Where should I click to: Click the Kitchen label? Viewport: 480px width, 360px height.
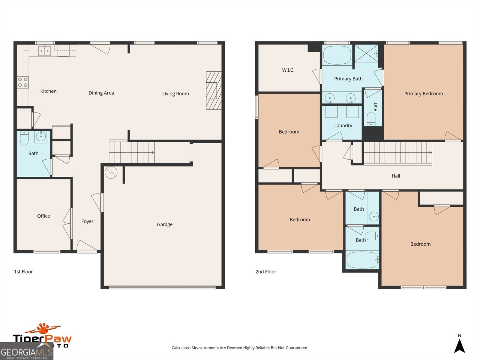tap(48, 91)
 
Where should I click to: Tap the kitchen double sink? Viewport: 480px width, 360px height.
tap(44, 51)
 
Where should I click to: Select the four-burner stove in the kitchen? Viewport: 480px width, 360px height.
tap(23, 82)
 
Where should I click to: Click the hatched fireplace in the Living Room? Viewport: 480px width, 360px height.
tap(213, 91)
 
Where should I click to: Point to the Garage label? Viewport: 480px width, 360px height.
tap(164, 224)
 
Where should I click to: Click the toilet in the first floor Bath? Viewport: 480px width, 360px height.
tap(24, 138)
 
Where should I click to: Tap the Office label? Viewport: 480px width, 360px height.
tap(43, 216)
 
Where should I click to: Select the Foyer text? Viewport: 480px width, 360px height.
tap(87, 221)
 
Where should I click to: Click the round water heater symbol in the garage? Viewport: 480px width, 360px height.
tap(111, 172)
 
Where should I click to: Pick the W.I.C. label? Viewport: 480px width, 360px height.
tap(288, 70)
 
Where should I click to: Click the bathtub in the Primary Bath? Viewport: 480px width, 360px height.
tap(337, 55)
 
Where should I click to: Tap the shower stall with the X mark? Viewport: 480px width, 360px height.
tap(366, 53)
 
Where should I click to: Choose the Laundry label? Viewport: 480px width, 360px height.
tap(343, 126)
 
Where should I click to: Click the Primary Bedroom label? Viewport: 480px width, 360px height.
tap(423, 94)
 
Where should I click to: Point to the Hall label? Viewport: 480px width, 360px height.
tap(396, 176)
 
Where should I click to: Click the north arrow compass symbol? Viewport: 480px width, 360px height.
tap(459, 346)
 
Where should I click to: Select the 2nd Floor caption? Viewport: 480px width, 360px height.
tap(265, 272)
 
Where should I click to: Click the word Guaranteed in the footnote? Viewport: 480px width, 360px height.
tap(296, 348)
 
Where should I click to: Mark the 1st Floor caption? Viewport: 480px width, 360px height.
tap(23, 272)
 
